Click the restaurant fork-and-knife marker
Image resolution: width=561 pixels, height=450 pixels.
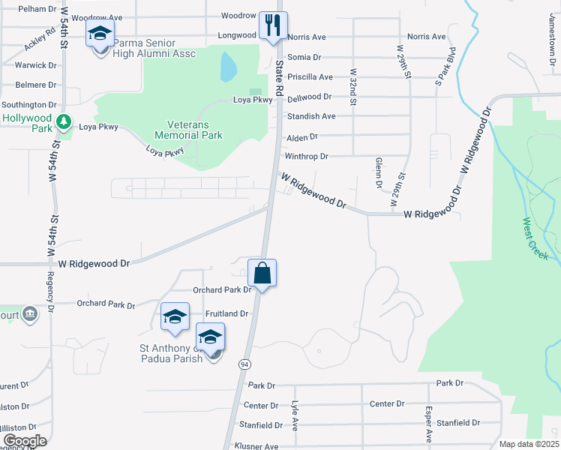point(274,28)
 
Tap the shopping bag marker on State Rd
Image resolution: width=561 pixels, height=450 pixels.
point(262,273)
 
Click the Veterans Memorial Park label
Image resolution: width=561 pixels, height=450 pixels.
point(188,130)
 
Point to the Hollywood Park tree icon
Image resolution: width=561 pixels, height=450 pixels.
point(64,120)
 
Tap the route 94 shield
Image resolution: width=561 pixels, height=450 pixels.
point(244,364)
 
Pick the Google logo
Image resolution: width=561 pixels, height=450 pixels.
point(24,440)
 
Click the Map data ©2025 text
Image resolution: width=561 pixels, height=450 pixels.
point(529,444)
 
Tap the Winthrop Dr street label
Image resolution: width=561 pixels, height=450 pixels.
point(306,157)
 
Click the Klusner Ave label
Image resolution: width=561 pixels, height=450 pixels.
point(256,446)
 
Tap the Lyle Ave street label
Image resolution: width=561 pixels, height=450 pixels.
point(295,415)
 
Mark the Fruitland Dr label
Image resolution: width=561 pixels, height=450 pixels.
point(226,313)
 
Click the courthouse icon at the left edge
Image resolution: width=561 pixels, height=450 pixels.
point(30,313)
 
